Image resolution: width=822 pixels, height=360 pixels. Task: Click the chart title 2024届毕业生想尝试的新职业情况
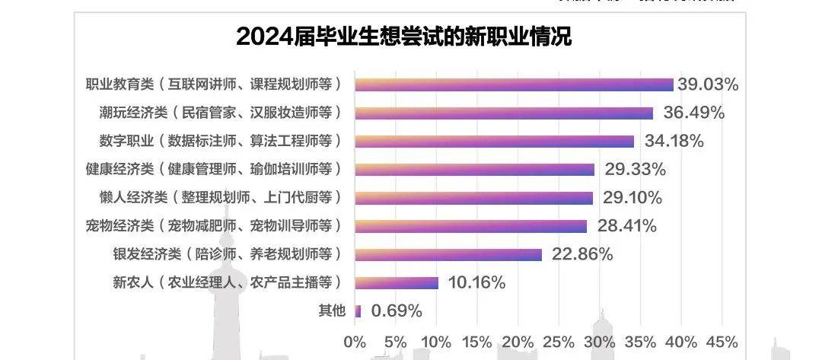pyautogui.click(x=404, y=36)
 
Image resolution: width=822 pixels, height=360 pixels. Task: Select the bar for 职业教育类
pyautogui.click(x=514, y=84)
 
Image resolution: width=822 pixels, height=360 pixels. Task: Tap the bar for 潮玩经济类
pyautogui.click(x=504, y=113)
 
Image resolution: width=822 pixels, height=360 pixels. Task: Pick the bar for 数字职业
pyautogui.click(x=494, y=141)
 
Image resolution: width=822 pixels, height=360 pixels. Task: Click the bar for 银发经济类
pyautogui.click(x=448, y=254)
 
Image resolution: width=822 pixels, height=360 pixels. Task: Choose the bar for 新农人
pyautogui.click(x=397, y=282)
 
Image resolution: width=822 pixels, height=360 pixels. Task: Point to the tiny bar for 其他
pyautogui.click(x=358, y=311)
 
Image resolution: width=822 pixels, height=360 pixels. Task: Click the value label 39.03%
pyautogui.click(x=709, y=84)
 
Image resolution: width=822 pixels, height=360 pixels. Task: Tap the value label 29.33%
pyautogui.click(x=635, y=169)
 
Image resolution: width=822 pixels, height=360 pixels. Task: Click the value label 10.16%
pyautogui.click(x=477, y=282)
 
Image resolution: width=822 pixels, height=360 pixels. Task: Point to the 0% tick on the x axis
pyautogui.click(x=355, y=340)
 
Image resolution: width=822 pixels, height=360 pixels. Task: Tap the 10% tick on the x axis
pyautogui.click(x=436, y=340)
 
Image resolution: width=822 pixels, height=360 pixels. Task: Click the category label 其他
pyautogui.click(x=331, y=311)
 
